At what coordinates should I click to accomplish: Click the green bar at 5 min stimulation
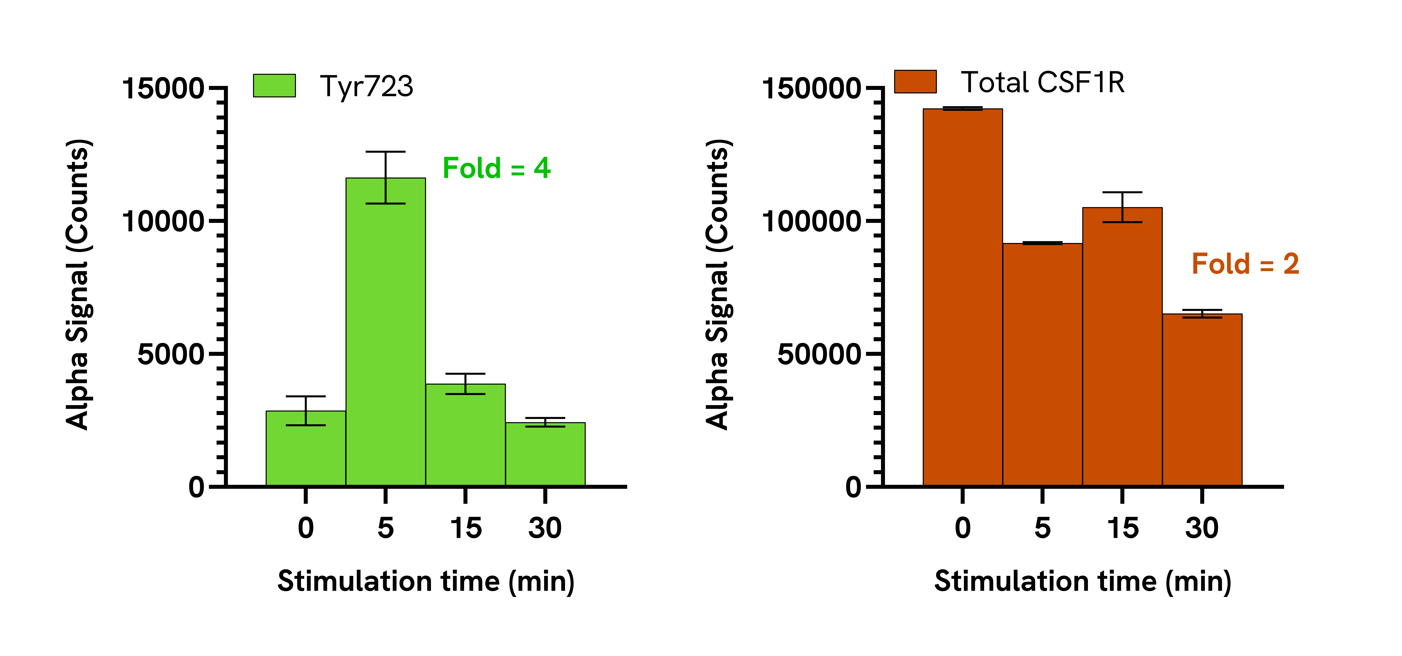(385, 332)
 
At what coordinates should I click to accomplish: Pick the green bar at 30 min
(545, 454)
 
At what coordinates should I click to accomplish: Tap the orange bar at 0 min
(963, 297)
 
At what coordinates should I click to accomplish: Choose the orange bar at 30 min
(1202, 400)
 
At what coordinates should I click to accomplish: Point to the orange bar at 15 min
(1122, 347)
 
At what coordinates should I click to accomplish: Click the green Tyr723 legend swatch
(274, 86)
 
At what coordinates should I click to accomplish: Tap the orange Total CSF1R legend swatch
(915, 82)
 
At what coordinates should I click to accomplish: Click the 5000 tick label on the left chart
(170, 355)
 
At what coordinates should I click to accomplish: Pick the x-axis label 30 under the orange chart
(1202, 528)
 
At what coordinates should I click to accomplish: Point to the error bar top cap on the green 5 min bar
(385, 152)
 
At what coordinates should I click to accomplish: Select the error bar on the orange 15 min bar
(1122, 207)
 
